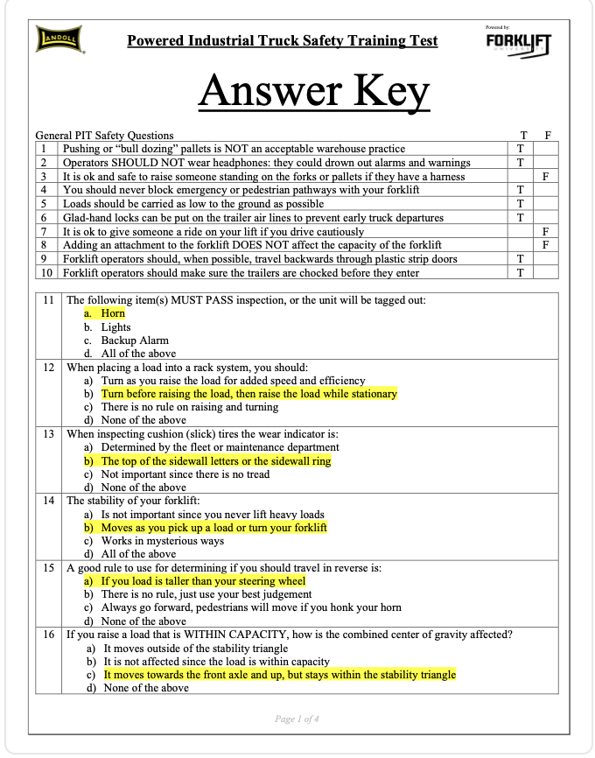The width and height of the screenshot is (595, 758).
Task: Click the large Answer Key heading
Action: coord(313,91)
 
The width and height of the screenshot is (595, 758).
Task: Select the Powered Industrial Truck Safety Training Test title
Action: coord(282,41)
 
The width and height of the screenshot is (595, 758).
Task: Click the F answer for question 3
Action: coord(545,176)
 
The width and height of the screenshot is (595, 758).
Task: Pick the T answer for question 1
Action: coord(521,149)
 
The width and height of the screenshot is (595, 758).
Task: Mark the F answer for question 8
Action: coord(545,245)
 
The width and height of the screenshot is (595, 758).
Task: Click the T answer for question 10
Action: coord(521,272)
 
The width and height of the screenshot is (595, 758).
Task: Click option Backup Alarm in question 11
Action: coord(135,340)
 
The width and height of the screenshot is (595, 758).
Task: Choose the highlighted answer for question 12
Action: coord(248,394)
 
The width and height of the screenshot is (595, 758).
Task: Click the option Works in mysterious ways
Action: coord(162,541)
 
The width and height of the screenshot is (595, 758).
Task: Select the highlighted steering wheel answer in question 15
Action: coord(203,580)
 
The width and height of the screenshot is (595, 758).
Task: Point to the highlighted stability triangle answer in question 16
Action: coord(279,675)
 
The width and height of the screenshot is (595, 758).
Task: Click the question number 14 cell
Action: coord(49,502)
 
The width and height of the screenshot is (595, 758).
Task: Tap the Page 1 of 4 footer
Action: coord(297,719)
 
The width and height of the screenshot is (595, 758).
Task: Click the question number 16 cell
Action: coord(49,635)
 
